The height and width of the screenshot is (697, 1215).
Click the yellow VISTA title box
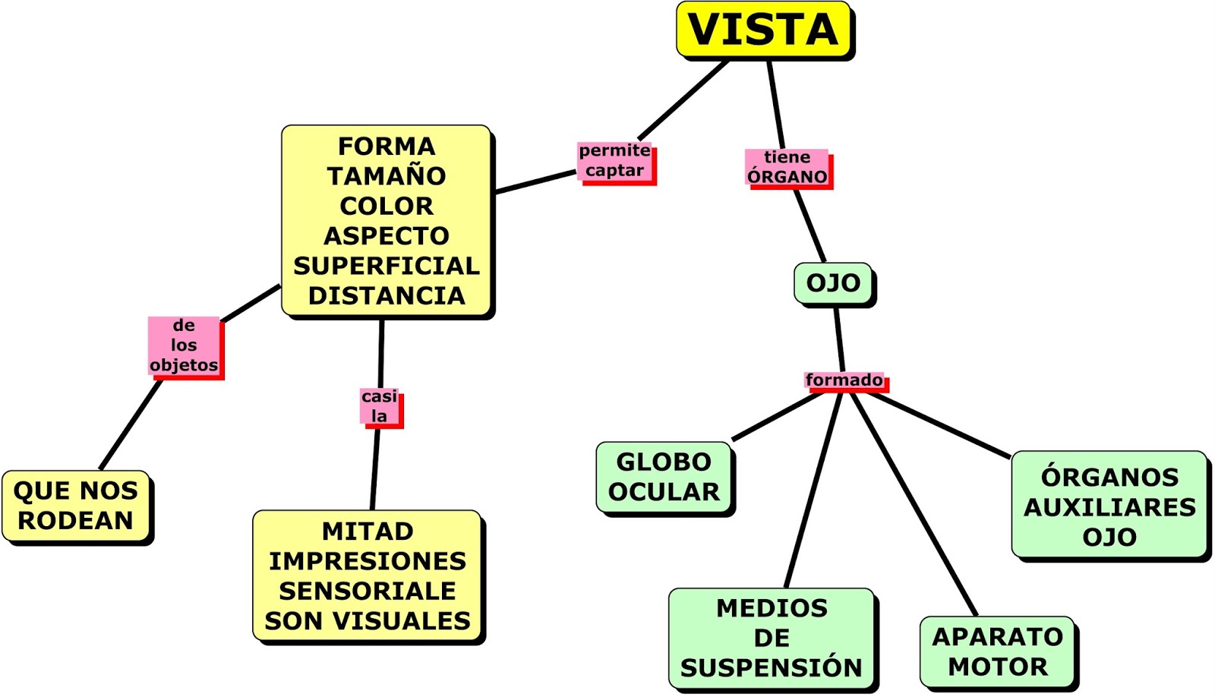coord(762,30)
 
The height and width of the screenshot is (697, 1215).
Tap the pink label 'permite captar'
coord(614,161)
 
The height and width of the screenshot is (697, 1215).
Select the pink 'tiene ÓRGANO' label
coord(787,167)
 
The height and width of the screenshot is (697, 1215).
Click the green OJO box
coord(833,283)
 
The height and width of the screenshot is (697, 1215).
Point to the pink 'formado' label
coord(844,380)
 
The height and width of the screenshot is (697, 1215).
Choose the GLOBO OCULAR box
coord(664,477)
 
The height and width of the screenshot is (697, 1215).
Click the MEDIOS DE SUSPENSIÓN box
coord(771,638)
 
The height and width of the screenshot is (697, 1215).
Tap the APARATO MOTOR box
coord(997,651)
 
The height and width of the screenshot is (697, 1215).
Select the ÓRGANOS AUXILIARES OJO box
coord(1109,506)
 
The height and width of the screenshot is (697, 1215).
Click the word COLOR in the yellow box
coord(387,206)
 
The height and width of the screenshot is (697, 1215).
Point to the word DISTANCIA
coord(387,295)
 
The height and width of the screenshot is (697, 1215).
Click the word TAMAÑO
coord(387,176)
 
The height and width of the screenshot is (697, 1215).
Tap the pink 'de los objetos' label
coord(184,345)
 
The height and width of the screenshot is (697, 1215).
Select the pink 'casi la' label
coord(379,406)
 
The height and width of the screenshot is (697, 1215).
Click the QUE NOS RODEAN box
coord(75,506)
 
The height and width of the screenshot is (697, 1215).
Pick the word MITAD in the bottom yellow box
coord(368,531)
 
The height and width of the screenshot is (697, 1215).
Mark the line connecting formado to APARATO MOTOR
coord(915,505)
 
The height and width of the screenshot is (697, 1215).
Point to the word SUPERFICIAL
coord(387,266)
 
